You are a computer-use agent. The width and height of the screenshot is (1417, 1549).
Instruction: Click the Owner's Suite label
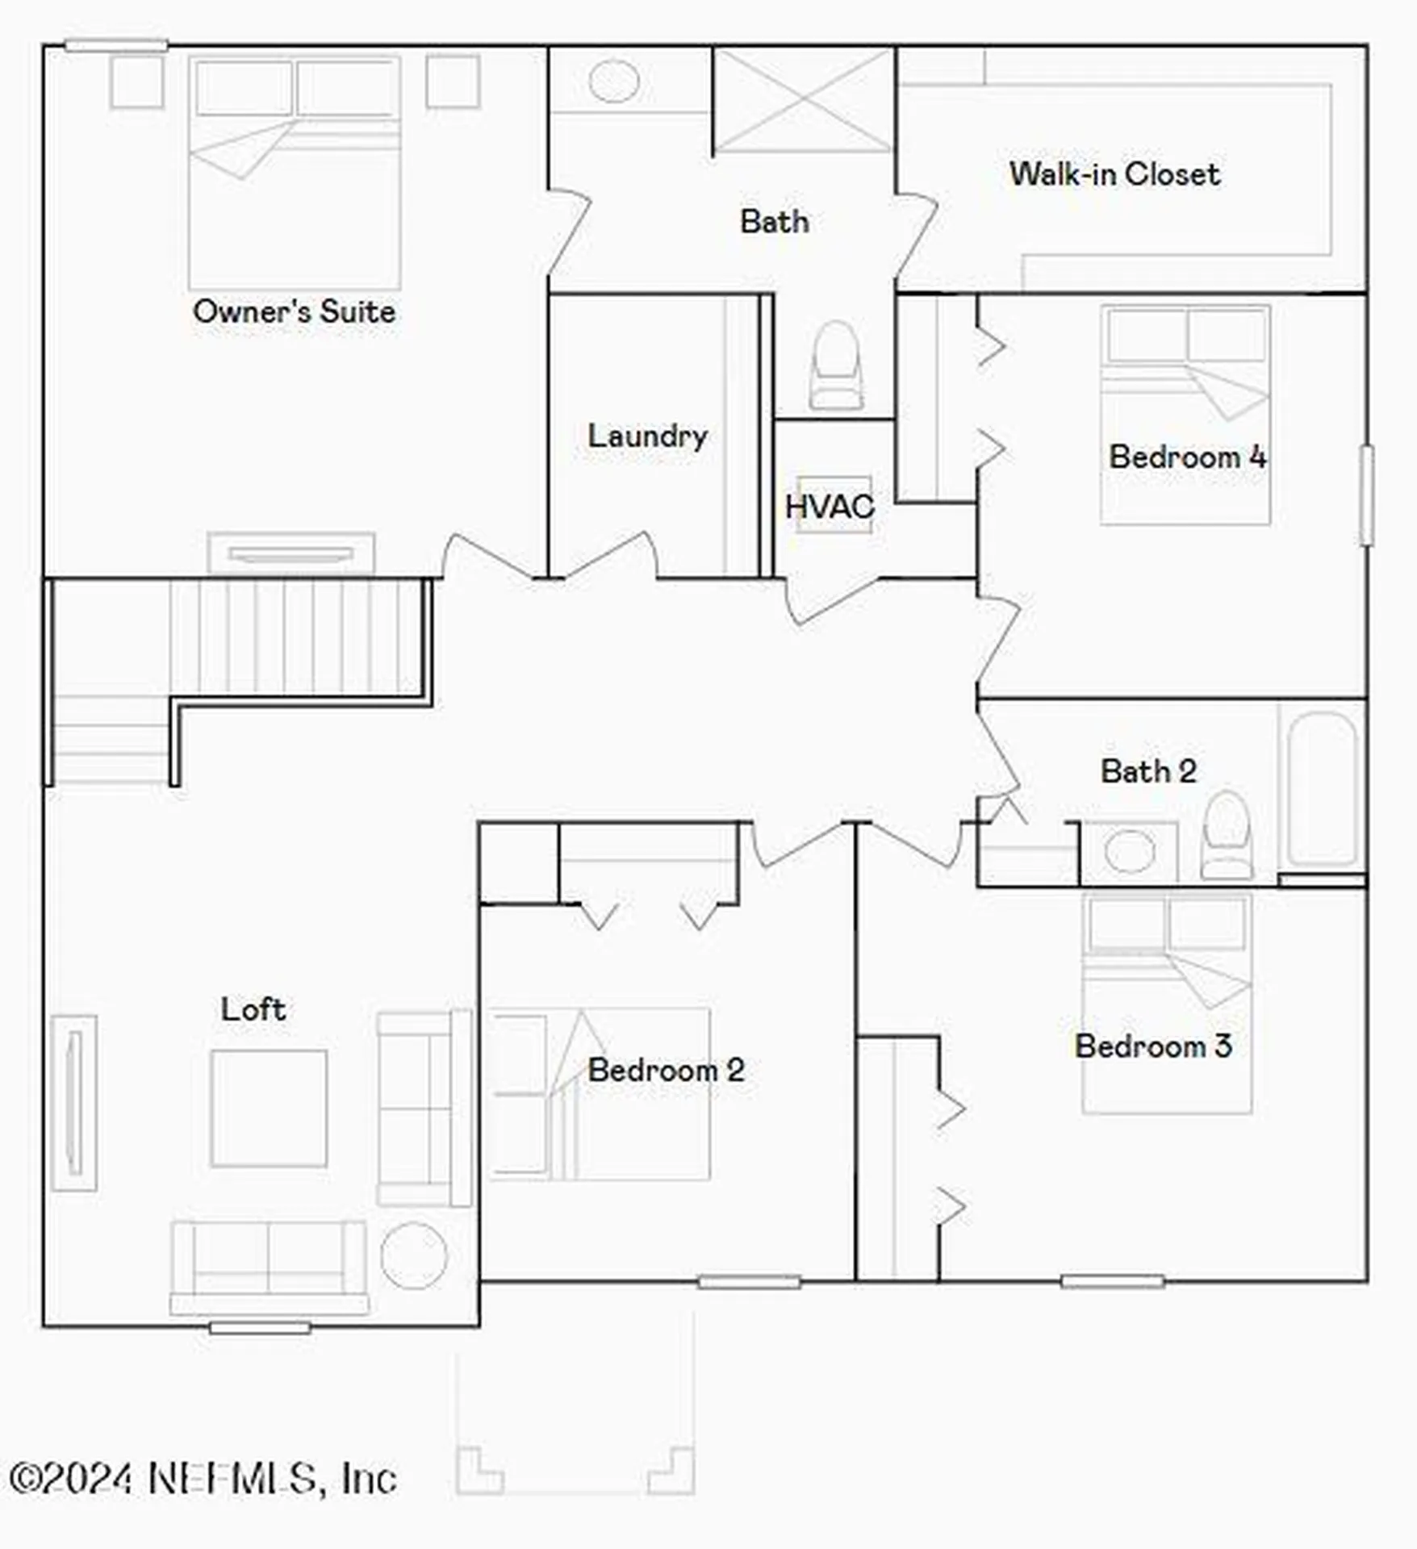tap(295, 311)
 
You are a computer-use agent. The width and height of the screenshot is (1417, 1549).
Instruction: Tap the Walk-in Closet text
tap(1114, 174)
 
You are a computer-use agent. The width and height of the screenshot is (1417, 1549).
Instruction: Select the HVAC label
tap(830, 507)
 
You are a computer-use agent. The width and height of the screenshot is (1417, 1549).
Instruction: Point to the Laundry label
tap(647, 436)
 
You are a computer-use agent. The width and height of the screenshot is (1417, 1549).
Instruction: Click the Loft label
tap(253, 1009)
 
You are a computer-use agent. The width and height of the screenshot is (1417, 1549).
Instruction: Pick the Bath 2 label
tap(1148, 771)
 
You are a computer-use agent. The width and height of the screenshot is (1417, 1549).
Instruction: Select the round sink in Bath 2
tap(1129, 851)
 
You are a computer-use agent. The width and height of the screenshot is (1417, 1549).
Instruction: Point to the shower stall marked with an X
tap(804, 100)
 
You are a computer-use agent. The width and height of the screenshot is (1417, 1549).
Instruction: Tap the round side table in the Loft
tap(414, 1256)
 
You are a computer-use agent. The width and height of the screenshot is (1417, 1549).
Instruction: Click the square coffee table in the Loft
tap(269, 1109)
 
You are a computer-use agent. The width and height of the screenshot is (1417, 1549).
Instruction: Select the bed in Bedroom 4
tap(1185, 415)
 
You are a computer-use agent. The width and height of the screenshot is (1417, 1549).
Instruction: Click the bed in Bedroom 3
tap(1167, 1004)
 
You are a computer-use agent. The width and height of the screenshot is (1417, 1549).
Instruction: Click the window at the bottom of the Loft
tap(260, 1327)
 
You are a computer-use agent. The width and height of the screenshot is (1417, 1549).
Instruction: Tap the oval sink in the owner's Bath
tap(614, 81)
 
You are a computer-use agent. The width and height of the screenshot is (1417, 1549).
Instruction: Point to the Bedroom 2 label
tap(666, 1071)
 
